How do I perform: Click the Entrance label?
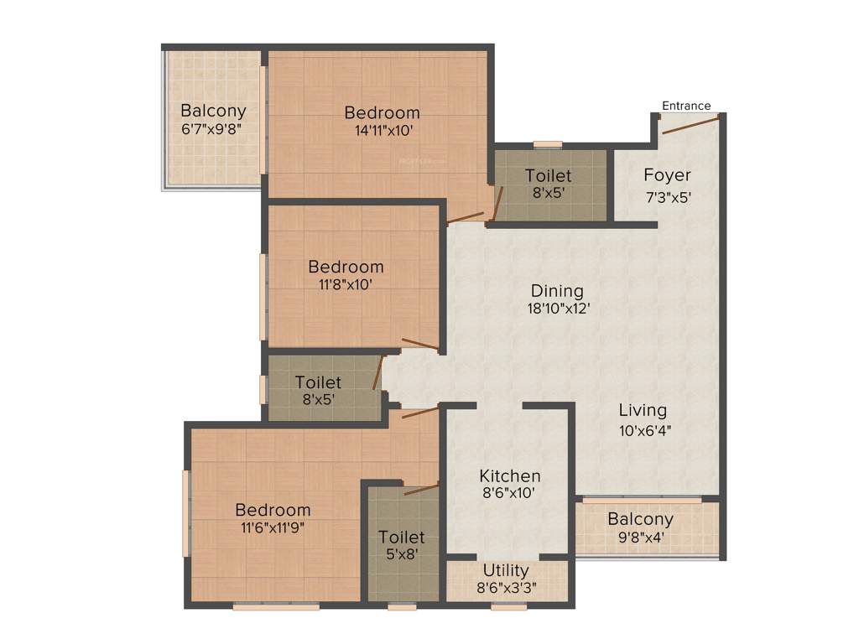(x=686, y=106)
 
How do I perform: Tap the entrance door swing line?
(x=690, y=125)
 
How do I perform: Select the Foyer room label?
(x=667, y=175)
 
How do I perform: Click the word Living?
(x=643, y=411)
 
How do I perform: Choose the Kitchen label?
(x=509, y=476)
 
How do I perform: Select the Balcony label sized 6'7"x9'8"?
(x=213, y=111)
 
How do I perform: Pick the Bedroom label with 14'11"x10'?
(x=382, y=112)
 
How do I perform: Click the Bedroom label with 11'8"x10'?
(x=346, y=267)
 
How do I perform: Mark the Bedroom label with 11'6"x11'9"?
(x=273, y=510)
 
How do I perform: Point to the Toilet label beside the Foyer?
(x=548, y=176)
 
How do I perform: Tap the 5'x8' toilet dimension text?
(x=401, y=553)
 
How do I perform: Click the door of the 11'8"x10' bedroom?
(x=419, y=343)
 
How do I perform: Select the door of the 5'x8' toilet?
(x=421, y=488)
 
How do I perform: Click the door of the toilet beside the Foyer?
(x=497, y=203)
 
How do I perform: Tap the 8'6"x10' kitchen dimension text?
(x=509, y=494)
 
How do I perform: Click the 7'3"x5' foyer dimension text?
(x=667, y=198)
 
